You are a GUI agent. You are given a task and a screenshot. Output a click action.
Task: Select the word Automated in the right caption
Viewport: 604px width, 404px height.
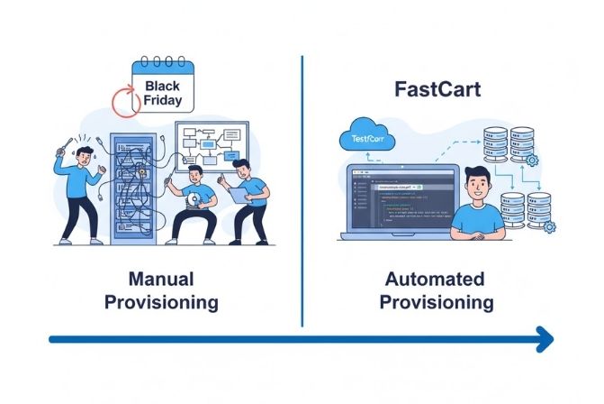[435, 279]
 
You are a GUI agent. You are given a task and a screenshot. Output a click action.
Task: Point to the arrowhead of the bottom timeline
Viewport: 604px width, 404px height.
[544, 340]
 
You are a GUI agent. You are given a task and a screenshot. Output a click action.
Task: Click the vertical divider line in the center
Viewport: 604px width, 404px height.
[302, 189]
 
